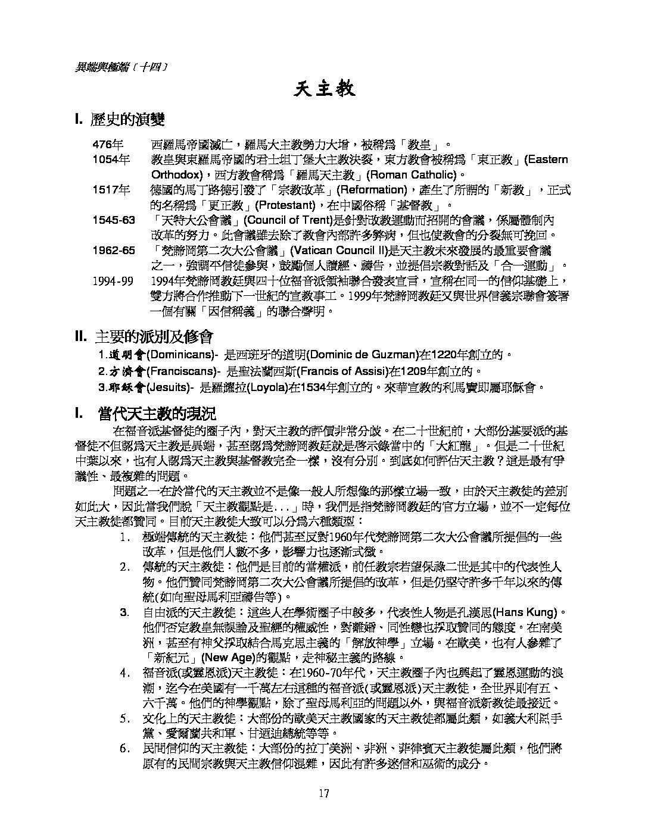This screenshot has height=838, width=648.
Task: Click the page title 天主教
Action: click(x=325, y=89)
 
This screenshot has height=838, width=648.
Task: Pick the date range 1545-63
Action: click(x=114, y=220)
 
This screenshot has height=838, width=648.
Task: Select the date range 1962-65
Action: click(x=114, y=250)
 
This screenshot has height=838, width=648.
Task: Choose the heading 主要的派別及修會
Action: click(x=153, y=337)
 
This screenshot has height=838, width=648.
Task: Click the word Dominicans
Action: click(x=180, y=356)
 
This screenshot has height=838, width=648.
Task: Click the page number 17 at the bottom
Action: click(x=324, y=793)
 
